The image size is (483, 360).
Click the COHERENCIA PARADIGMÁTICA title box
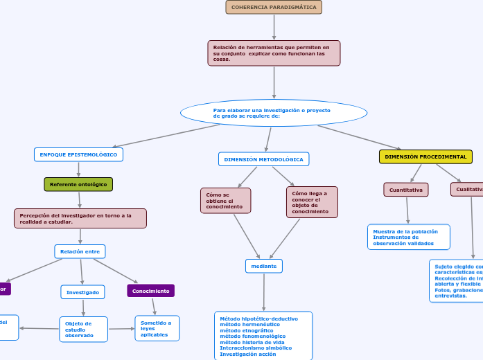[274, 7]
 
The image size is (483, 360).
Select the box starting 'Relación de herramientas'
[274, 53]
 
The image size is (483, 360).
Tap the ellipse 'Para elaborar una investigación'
[274, 113]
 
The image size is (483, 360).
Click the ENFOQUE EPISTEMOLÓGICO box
[78, 154]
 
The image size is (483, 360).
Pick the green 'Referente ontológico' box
[78, 184]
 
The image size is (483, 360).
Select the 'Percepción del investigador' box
[80, 219]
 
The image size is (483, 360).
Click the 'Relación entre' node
[80, 251]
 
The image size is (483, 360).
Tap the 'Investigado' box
[82, 292]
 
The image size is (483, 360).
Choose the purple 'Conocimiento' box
[150, 291]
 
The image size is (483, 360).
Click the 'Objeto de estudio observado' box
[83, 330]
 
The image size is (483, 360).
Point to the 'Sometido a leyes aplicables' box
[157, 328]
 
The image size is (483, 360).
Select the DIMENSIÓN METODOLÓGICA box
[263, 159]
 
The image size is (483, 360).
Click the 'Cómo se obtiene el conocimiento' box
[225, 201]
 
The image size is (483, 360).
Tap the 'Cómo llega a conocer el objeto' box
[312, 202]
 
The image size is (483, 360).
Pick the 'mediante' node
[263, 266]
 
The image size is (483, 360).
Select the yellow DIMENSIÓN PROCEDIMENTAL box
[425, 156]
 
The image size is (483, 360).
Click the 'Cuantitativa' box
[406, 190]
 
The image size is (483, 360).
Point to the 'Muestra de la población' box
[408, 237]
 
